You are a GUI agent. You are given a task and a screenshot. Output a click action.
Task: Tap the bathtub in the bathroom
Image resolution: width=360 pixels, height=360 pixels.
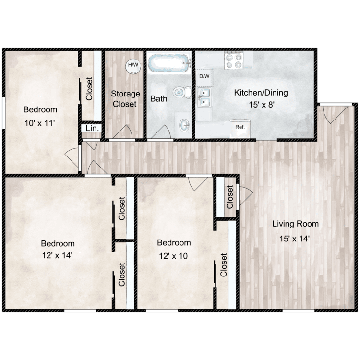(168, 64)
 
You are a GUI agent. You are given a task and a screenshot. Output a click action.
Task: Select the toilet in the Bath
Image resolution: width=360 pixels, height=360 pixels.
(181, 91)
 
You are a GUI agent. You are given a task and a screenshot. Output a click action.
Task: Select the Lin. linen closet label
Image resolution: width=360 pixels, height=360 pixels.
(90, 129)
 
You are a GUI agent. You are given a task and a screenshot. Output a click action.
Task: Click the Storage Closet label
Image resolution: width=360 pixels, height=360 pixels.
(125, 98)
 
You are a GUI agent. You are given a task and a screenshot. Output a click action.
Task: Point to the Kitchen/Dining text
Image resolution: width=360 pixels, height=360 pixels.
(255, 93)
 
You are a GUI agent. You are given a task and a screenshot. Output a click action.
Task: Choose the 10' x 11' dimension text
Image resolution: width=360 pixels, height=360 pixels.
(41, 122)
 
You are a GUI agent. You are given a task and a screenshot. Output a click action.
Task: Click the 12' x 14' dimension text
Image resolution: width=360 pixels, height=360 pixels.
(57, 255)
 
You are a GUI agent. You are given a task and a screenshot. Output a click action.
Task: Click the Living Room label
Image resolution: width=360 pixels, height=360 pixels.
(295, 224)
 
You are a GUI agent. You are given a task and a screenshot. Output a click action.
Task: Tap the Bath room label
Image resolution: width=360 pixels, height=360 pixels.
(159, 99)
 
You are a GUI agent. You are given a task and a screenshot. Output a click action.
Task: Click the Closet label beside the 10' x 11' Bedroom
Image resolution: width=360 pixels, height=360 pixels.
(90, 89)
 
